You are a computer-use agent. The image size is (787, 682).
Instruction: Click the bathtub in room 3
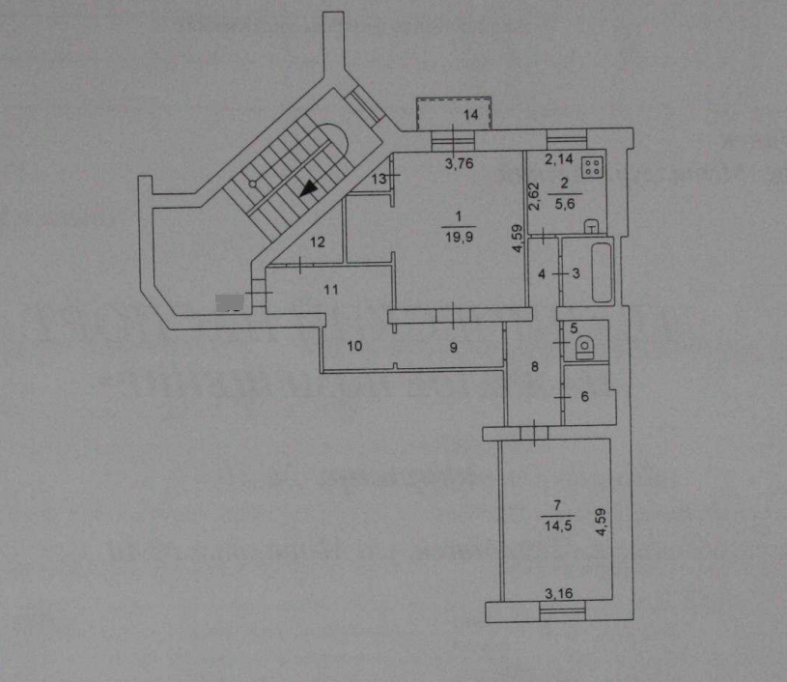coord(604,273)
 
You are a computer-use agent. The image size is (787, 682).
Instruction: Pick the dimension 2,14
coord(557,159)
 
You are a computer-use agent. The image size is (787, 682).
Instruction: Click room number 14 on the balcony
coord(470,115)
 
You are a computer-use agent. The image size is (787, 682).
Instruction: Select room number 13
coord(379,179)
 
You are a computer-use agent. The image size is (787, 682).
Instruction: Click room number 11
coord(331,288)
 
